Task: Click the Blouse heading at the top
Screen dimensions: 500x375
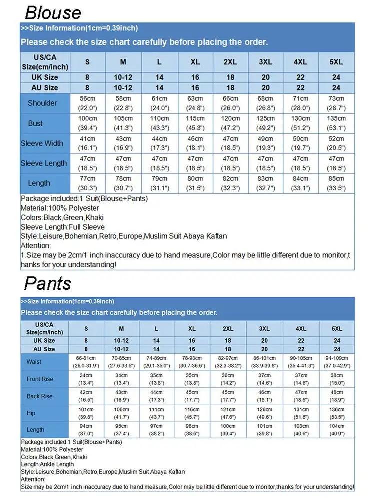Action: click(53, 12)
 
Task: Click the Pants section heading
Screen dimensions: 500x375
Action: click(48, 284)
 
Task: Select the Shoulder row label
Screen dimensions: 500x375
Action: click(42, 103)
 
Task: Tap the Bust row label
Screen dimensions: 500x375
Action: click(35, 123)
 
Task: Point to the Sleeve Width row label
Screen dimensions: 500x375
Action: click(42, 143)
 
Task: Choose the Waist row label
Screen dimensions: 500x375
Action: click(34, 362)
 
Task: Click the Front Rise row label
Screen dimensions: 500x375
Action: click(40, 379)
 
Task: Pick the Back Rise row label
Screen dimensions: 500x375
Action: click(40, 396)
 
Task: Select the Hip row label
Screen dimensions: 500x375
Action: click(31, 413)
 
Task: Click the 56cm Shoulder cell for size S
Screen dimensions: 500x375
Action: click(87, 103)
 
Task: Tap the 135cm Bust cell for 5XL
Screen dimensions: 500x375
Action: click(336, 123)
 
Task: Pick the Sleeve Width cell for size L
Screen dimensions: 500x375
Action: click(159, 143)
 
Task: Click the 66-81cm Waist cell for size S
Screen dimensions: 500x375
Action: click(86, 362)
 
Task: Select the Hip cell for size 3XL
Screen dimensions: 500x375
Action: click(264, 413)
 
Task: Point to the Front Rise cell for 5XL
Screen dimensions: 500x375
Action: click(337, 379)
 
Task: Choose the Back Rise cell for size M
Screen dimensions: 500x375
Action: click(121, 396)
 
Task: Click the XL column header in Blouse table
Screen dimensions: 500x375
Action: click(195, 62)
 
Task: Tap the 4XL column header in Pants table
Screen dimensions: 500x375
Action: click(300, 328)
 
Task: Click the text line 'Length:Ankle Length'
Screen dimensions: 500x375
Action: click(47, 464)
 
